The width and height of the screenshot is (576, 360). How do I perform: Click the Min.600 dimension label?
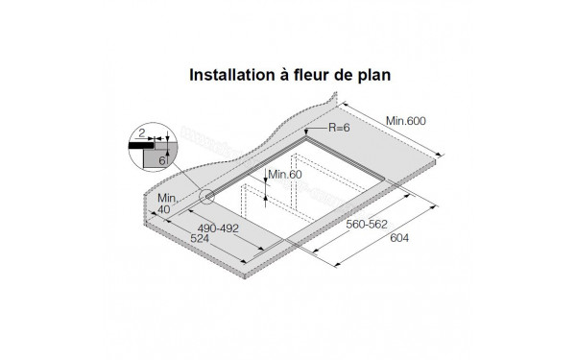[405, 120]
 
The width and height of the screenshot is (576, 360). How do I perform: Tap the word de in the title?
[348, 73]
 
